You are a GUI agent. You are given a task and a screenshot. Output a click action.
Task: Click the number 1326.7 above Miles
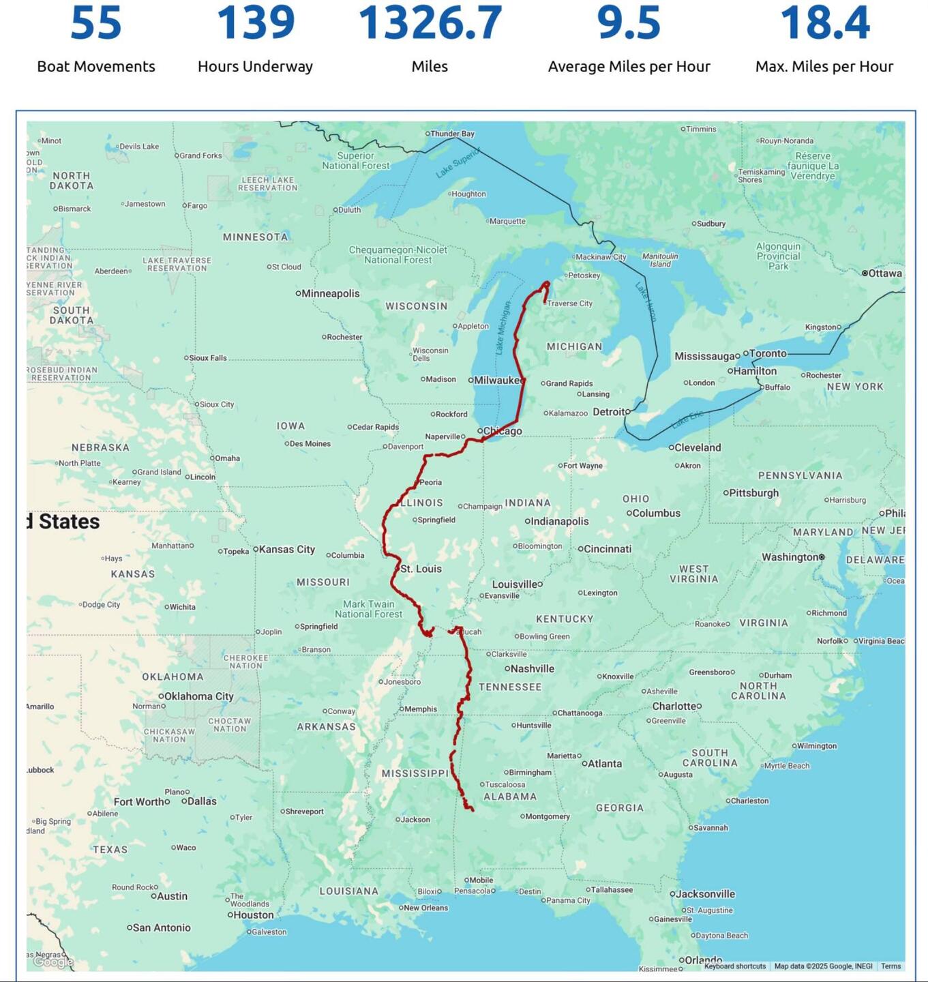pos(430,23)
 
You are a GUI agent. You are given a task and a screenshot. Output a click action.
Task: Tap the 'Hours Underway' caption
pos(255,66)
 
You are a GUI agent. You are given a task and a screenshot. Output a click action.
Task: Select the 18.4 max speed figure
pos(824,23)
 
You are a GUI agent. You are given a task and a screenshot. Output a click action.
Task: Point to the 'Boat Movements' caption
pos(96,66)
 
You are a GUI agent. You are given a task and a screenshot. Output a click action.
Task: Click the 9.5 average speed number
pos(629,23)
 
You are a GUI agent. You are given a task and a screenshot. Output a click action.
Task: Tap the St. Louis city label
pos(421,569)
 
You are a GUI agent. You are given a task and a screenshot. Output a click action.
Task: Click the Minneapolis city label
pos(330,293)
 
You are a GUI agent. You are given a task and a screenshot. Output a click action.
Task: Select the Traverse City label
pos(569,303)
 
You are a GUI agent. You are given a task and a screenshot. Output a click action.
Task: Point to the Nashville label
pos(532,669)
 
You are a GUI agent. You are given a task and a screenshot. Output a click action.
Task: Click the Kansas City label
pos(286,549)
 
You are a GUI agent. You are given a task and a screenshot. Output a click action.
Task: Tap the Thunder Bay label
pos(452,134)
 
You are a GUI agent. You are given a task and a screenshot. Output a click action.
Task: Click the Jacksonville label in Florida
pos(706,894)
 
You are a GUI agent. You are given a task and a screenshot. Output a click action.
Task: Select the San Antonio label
pos(162,927)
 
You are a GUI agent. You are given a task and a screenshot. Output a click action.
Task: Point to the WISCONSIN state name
pos(417,306)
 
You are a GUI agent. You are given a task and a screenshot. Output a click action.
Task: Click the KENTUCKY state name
pos(565,619)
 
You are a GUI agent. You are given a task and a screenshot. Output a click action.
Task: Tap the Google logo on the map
pos(53,962)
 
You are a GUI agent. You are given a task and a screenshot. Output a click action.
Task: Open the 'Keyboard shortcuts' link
pos(735,966)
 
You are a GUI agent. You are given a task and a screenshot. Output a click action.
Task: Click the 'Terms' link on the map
pos(890,966)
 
